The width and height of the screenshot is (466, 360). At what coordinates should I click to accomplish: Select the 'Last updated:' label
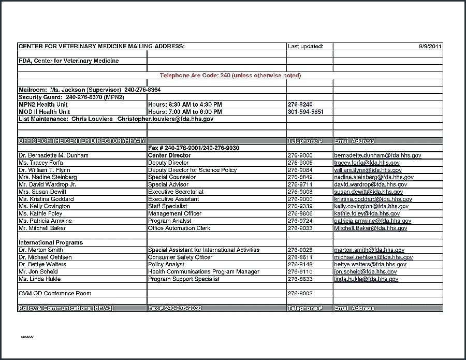pos(305,47)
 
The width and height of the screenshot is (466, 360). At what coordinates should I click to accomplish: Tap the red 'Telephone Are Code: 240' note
pos(230,76)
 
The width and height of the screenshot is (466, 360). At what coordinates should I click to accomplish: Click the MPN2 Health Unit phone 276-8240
pos(299,105)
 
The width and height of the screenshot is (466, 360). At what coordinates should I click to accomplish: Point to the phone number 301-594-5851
pos(305,112)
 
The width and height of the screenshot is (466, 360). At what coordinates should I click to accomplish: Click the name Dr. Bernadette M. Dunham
pos(53,155)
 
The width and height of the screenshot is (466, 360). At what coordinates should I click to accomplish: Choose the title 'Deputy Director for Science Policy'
pos(192,170)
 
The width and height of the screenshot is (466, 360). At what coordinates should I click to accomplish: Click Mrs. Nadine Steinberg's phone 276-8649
pos(299,177)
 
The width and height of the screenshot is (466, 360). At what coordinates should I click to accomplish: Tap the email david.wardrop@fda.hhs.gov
pos(373,184)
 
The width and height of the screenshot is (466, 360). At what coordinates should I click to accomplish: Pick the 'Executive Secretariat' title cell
pos(176,192)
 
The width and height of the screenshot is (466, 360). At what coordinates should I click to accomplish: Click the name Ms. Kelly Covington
pos(44,206)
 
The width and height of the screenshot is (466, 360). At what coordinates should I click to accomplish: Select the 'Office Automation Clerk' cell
pos(179,228)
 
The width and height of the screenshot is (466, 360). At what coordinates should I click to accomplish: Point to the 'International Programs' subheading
pos(51,242)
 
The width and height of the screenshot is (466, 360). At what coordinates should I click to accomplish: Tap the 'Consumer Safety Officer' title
pos(180,257)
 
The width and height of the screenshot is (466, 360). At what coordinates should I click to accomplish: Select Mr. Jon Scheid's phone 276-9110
pos(299,271)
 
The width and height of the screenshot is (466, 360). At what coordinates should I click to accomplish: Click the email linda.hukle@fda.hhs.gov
pos(366,279)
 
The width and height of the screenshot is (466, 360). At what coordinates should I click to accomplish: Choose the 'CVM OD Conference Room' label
pos(55,293)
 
